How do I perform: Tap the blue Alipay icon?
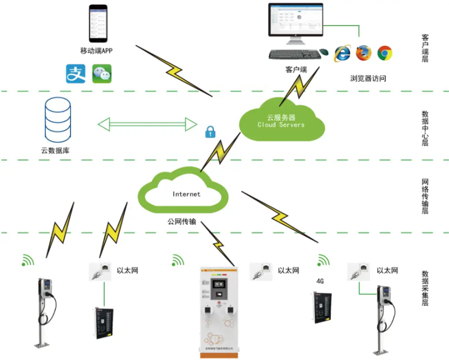click(x=75, y=74)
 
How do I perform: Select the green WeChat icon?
click(x=102, y=74)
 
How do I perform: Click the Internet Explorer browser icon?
click(x=342, y=53)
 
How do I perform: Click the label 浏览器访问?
click(x=368, y=79)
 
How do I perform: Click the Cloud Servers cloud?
click(x=282, y=121)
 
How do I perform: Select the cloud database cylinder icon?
click(x=58, y=119)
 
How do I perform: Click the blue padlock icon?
click(x=210, y=131)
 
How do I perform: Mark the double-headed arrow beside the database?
click(x=148, y=124)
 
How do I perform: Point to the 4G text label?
click(x=320, y=280)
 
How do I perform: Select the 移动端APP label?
click(x=97, y=51)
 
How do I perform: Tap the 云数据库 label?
click(x=56, y=150)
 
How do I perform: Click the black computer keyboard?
click(x=293, y=54)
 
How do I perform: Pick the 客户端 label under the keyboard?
click(x=296, y=69)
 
